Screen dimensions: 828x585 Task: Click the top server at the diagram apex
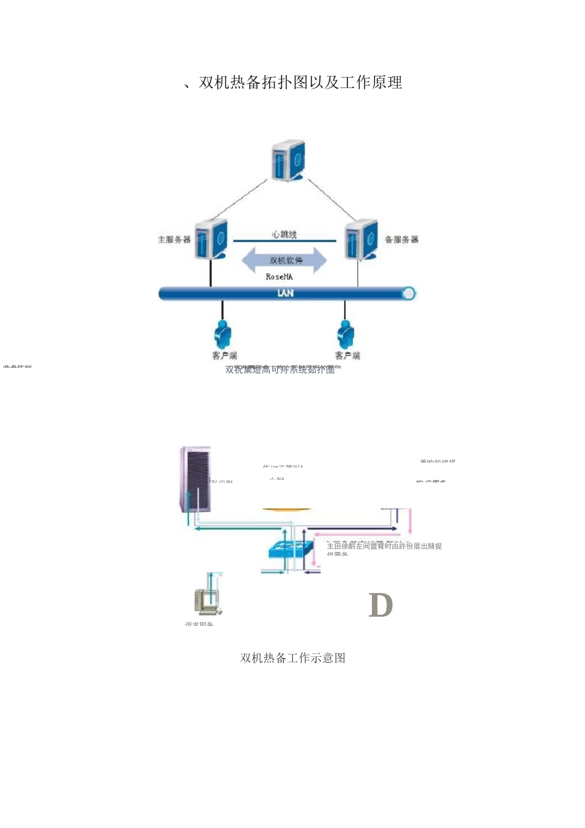288,160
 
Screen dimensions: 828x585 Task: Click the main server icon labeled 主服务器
211,239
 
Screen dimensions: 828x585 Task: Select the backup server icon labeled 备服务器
361,239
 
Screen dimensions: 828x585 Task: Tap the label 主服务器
174,239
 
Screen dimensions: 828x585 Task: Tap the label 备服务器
401,239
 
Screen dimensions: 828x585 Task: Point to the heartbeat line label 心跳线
284,234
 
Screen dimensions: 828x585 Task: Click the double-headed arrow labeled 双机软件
284,260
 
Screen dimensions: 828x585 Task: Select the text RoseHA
279,277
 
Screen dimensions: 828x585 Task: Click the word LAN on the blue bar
285,293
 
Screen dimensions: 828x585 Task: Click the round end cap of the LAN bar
408,294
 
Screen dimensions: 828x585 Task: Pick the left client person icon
222,335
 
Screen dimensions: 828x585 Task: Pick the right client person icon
345,335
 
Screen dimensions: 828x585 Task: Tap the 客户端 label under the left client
224,355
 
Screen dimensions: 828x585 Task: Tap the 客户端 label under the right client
347,355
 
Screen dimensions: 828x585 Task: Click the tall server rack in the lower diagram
195,480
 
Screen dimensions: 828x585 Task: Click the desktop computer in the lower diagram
208,601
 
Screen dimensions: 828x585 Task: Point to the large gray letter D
381,605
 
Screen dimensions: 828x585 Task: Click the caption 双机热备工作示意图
292,658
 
